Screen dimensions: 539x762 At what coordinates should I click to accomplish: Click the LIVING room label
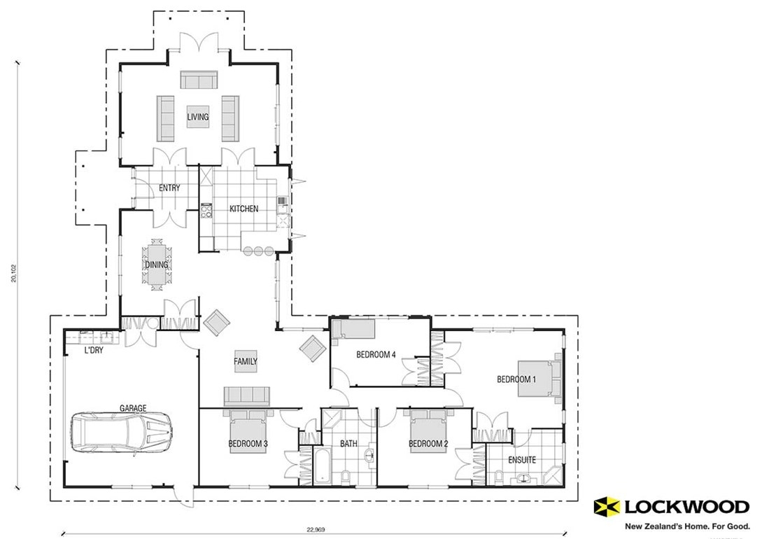pyautogui.click(x=198, y=118)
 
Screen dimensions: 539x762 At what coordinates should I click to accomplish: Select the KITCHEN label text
pyautogui.click(x=244, y=209)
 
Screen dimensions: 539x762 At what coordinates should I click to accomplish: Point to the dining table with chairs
pyautogui.click(x=157, y=265)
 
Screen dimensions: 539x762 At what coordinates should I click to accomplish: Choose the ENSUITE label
pyautogui.click(x=522, y=461)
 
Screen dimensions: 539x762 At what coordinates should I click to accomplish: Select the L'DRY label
pyautogui.click(x=94, y=350)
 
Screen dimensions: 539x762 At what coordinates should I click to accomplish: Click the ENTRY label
pyautogui.click(x=169, y=188)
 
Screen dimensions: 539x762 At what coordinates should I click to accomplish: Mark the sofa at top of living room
pyautogui.click(x=199, y=80)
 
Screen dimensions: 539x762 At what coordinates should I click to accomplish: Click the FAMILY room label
pyautogui.click(x=245, y=362)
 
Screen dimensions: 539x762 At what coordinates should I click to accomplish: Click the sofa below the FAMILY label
pyautogui.click(x=246, y=396)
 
